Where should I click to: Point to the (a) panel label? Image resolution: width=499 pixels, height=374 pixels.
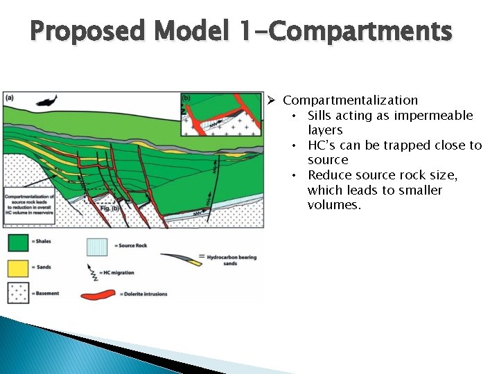click(10, 98)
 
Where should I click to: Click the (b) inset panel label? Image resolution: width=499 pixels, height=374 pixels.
click(186, 98)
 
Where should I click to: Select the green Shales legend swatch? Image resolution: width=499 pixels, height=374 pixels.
click(17, 242)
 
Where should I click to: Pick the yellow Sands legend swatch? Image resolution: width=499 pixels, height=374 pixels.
click(17, 268)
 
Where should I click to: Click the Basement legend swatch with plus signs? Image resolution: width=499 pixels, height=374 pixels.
click(17, 293)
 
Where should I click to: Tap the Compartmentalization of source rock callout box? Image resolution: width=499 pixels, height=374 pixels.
click(29, 205)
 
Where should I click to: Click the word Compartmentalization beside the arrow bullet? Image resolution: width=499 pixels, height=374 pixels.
click(350, 100)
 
